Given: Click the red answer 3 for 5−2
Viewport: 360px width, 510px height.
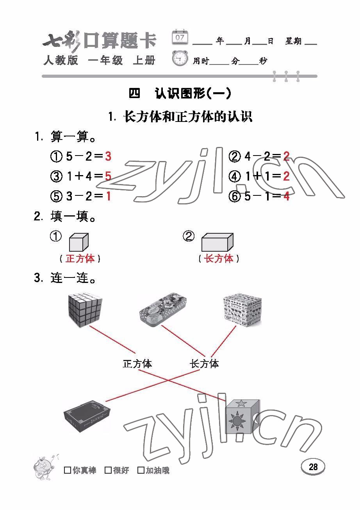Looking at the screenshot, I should pos(108,157).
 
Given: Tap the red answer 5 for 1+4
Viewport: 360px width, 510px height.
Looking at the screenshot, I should pos(108,177).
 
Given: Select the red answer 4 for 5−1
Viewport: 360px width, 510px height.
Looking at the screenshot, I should pos(287,196).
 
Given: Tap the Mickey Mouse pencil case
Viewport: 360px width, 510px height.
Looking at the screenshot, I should pos(163,309).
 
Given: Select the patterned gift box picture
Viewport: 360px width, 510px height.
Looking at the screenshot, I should pos(242,311).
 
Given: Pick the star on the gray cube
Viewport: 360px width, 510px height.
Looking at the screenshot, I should pos(241,403).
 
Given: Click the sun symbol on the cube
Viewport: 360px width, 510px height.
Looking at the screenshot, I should pos(237,421).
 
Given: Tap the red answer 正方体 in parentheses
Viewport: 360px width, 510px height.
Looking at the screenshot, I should pos(80,258).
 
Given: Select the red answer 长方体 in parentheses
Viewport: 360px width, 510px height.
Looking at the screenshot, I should pos(219,258).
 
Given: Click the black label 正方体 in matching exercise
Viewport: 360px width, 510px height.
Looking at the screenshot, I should pos(137,364).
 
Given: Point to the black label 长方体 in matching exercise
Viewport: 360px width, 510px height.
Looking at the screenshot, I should pos(204,364).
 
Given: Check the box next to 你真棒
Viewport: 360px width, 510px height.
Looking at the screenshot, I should pos(68,470).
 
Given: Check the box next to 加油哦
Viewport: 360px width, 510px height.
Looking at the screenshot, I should pos(141,470).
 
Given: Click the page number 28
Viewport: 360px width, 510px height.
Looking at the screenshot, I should pos(313,467).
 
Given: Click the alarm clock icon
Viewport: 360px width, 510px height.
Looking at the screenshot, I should pos(180,59).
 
